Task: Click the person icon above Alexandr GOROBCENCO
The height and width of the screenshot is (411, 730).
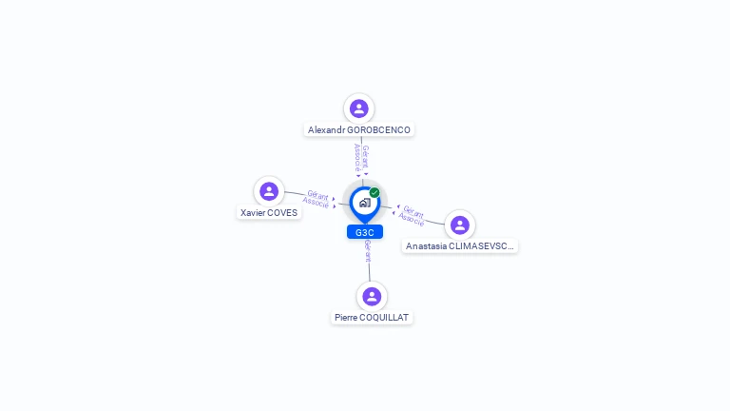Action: pos(358,108)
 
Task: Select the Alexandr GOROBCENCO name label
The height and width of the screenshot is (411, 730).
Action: pos(359,129)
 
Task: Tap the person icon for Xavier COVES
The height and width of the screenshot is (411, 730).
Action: pos(269,191)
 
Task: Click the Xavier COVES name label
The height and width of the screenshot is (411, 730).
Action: pos(269,213)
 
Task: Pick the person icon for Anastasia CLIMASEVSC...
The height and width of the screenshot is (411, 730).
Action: pos(460,225)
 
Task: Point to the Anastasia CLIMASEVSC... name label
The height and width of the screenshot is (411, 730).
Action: pos(460,246)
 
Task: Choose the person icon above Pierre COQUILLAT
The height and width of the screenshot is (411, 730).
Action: pos(372,296)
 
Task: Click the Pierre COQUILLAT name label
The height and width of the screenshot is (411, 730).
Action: pos(373,317)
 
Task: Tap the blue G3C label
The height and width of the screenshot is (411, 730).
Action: pos(365,232)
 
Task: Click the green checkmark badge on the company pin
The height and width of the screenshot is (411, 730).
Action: pos(375,193)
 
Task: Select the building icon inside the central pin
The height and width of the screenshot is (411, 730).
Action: pos(364,203)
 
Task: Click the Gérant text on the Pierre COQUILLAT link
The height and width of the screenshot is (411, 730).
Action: pos(368,251)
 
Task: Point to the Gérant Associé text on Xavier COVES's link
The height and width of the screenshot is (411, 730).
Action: pos(317,198)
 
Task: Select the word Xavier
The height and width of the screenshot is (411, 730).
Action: pos(254,213)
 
